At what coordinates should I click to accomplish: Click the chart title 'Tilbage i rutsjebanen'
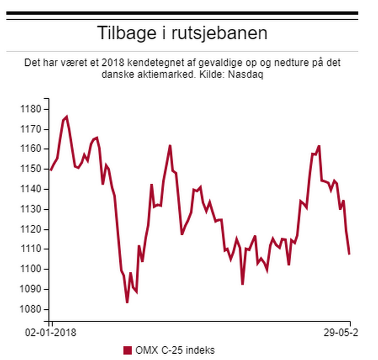click(182, 33)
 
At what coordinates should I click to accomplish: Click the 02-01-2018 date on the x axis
click(51, 333)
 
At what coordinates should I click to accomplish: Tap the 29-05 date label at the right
click(341, 333)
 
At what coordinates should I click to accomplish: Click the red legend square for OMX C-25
click(127, 350)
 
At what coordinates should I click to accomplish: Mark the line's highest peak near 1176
click(67, 116)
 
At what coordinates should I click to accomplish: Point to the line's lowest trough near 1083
click(127, 302)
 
